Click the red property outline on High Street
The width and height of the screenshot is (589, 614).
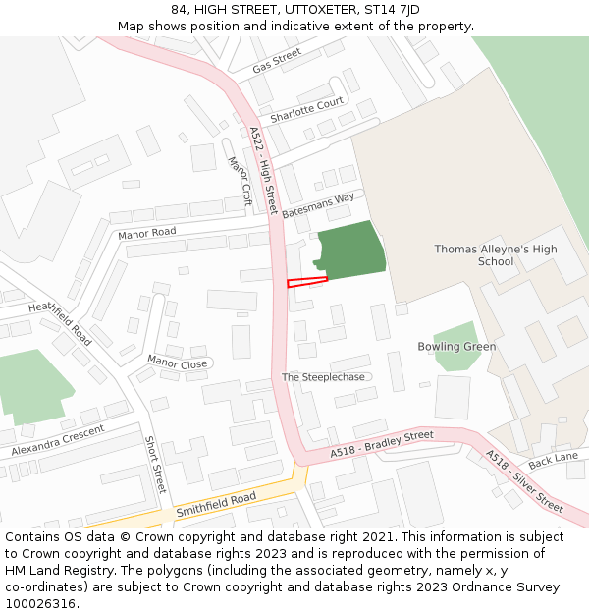[306, 282]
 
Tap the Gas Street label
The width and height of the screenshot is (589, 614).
[277, 62]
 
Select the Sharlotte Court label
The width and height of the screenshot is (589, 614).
[306, 109]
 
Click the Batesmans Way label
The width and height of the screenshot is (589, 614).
[318, 204]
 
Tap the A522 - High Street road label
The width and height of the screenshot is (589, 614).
[263, 170]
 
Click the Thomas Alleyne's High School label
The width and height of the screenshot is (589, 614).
[496, 255]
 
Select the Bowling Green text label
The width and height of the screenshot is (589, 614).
[456, 347]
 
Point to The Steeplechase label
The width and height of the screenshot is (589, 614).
[323, 377]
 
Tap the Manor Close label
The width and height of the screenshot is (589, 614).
[177, 363]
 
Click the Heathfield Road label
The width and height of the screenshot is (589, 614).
[60, 323]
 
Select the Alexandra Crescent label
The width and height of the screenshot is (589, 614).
[58, 440]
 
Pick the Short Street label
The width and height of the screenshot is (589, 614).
[156, 465]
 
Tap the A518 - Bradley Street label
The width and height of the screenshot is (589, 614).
[382, 443]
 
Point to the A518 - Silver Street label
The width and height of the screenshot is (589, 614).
[524, 480]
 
